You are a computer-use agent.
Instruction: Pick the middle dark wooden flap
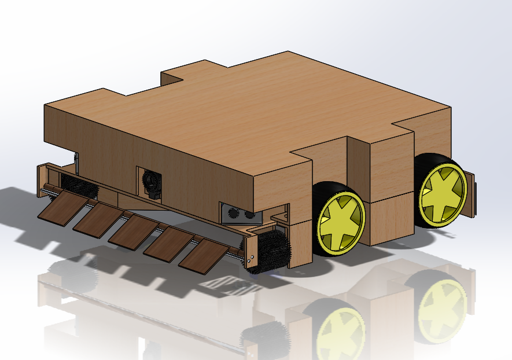(x=134, y=232)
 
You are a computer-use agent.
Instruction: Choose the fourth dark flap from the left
(x=168, y=243)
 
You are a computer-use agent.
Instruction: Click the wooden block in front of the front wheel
(x=300, y=243)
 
